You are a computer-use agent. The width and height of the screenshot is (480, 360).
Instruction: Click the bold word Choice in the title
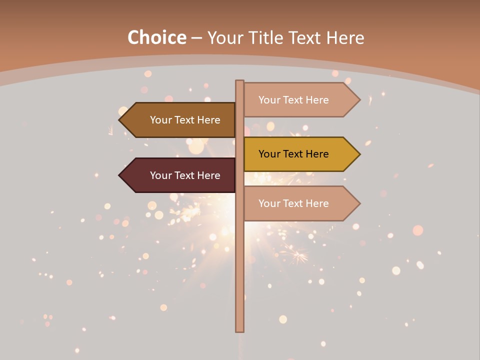click(156, 38)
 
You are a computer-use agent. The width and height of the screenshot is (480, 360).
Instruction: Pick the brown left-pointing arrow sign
click(180, 120)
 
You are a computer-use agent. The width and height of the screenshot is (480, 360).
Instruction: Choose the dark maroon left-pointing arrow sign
click(180, 175)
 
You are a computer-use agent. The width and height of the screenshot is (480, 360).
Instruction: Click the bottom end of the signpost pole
click(239, 329)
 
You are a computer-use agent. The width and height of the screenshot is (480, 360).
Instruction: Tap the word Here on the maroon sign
click(208, 175)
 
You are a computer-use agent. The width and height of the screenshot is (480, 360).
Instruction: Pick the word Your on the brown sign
click(161, 120)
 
